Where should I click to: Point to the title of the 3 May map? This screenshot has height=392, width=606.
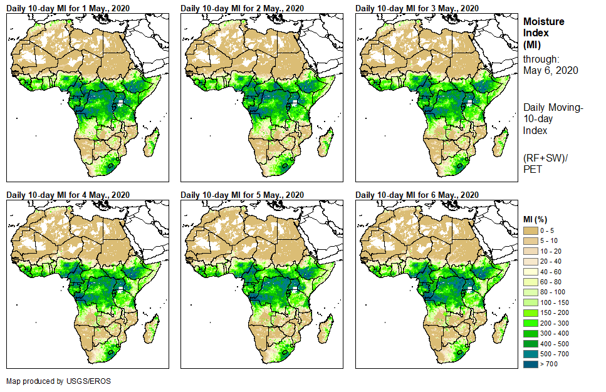[x=417, y=8]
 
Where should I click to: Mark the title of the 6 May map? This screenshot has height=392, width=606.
[x=417, y=195]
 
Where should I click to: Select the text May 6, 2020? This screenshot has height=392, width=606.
[x=550, y=70]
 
